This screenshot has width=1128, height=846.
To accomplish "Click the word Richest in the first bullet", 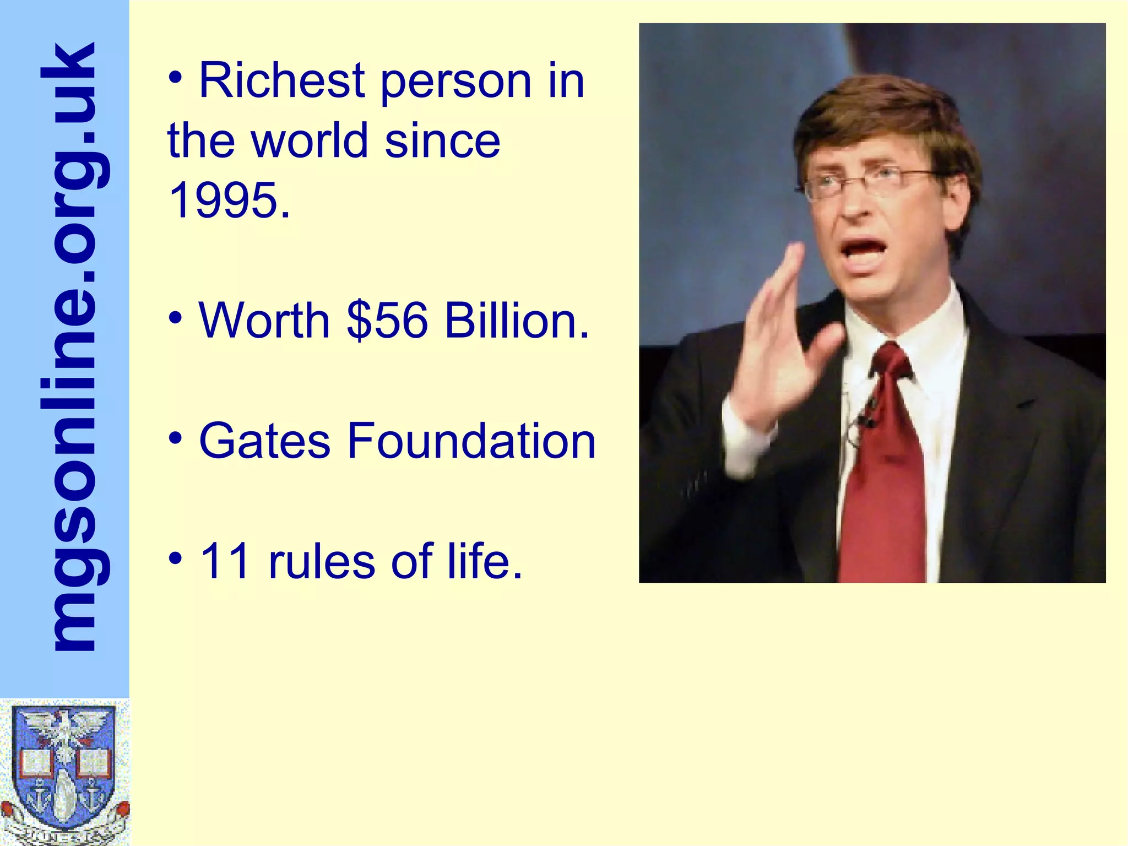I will [x=281, y=81].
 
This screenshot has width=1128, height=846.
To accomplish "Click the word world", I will [x=309, y=140].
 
